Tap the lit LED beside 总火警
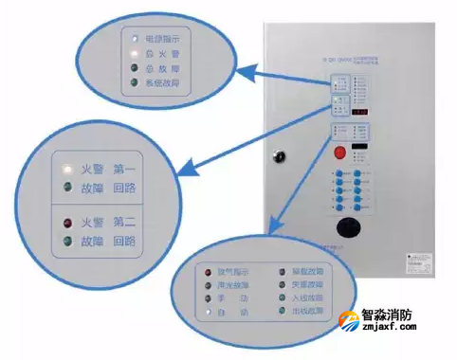pyautogui.click(x=137, y=55)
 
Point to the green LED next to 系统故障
pyautogui.click(x=137, y=83)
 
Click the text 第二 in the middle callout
pyautogui.click(x=124, y=223)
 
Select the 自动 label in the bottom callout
pyautogui.click(x=230, y=311)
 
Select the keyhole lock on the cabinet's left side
pyautogui.click(x=278, y=155)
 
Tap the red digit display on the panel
pyautogui.click(x=361, y=114)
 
